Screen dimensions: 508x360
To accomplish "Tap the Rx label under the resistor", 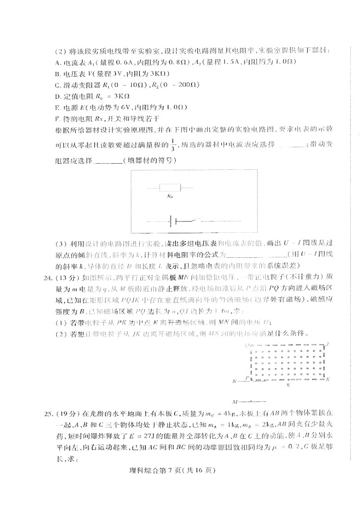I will click(x=168, y=198).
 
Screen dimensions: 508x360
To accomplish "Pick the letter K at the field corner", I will click(x=328, y=378).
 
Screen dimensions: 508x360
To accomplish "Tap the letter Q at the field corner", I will click(x=246, y=345).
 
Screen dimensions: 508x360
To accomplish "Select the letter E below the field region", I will click(x=288, y=385).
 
